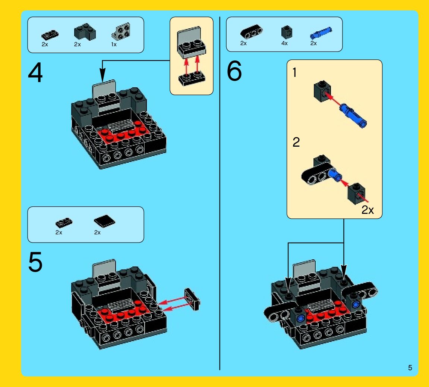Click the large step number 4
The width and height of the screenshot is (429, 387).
point(35,72)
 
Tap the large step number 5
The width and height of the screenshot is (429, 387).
point(35,262)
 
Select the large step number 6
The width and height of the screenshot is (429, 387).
point(234,71)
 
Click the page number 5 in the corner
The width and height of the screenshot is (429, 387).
point(410,368)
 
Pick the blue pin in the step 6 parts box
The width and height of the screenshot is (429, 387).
point(321,33)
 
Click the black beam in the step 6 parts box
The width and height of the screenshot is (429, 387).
point(251,32)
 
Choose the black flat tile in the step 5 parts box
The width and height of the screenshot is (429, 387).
point(104,221)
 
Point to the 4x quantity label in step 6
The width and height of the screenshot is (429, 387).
point(284,43)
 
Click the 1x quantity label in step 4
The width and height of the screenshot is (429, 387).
point(114,44)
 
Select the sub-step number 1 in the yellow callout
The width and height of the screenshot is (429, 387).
point(294,72)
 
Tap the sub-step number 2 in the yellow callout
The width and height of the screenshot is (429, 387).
point(296,142)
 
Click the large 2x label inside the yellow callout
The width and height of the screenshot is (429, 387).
point(368,210)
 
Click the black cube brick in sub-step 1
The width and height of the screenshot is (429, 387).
point(322,91)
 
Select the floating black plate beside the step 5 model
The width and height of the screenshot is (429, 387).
point(192,299)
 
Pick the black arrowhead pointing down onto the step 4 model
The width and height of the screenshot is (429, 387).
point(102,75)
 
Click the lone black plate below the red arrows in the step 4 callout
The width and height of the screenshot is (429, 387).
point(192,79)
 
